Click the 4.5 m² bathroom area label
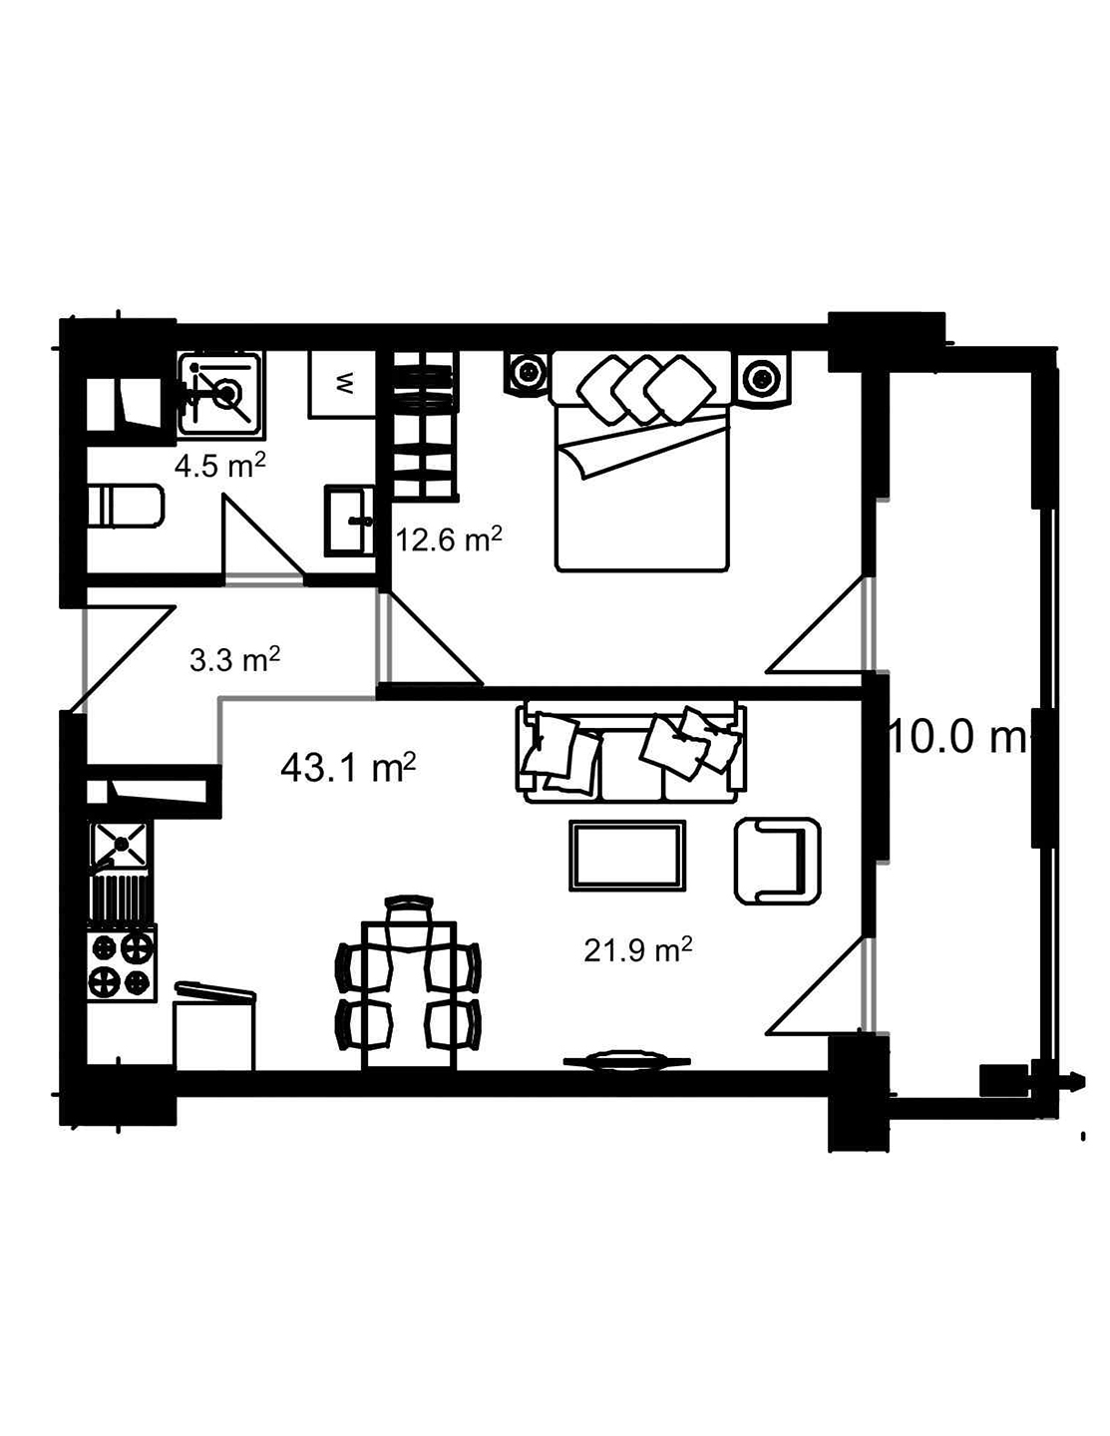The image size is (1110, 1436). click(219, 466)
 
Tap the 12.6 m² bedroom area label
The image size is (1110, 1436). click(448, 539)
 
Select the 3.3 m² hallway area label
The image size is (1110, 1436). click(234, 659)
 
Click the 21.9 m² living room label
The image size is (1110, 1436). click(638, 950)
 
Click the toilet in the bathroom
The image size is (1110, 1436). click(125, 507)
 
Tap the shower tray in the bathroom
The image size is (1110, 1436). click(220, 393)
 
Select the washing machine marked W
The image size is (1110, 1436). click(343, 383)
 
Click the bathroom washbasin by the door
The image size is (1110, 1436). click(348, 520)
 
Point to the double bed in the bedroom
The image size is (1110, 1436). click(642, 469)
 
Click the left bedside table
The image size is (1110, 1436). click(527, 374)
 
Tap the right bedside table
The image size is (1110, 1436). click(762, 378)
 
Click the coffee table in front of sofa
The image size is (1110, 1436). click(626, 855)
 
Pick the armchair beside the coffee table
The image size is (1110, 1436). click(777, 861)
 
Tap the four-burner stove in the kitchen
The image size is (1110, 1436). click(123, 964)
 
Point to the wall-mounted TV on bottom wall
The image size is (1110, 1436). click(626, 1062)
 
